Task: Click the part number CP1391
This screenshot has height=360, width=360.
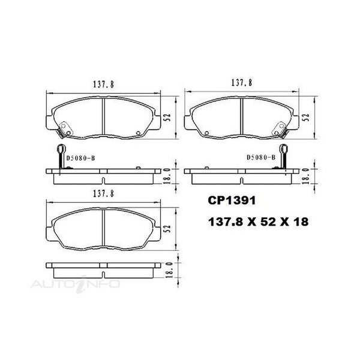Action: pos(232,200)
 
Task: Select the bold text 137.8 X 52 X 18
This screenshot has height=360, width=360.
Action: pos(258,222)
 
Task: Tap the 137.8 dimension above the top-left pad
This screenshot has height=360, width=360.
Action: pos(103,85)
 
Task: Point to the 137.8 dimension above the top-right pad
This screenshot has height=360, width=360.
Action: pos(242,83)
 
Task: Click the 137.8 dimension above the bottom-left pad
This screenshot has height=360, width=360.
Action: pos(103,194)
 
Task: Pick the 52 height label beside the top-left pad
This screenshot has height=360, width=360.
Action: pos(168,118)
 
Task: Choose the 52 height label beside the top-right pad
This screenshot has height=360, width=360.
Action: pos(307,118)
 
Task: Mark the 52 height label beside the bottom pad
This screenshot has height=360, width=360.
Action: pos(168,229)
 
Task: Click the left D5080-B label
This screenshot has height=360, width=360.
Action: pos(80,158)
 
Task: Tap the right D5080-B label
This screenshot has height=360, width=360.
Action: pos(261,157)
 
